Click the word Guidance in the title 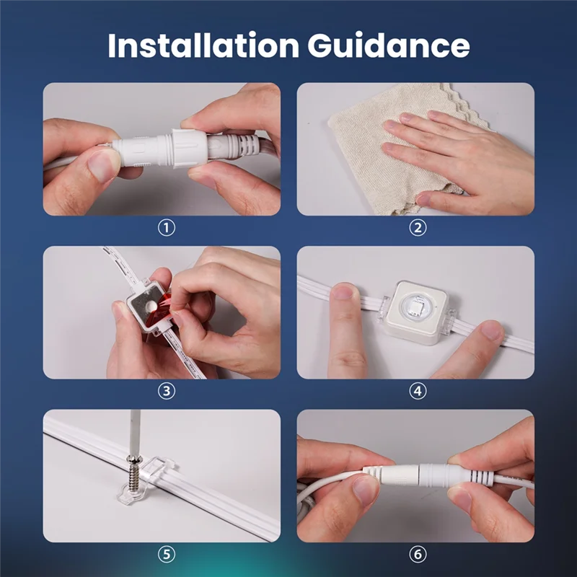coord(389,45)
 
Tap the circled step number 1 coord(167,229)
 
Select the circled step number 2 coord(418,229)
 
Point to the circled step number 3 coord(167,392)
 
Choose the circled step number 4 coord(418,392)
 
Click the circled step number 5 coord(167,555)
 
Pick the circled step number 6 coord(418,555)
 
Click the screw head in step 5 coord(134,459)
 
